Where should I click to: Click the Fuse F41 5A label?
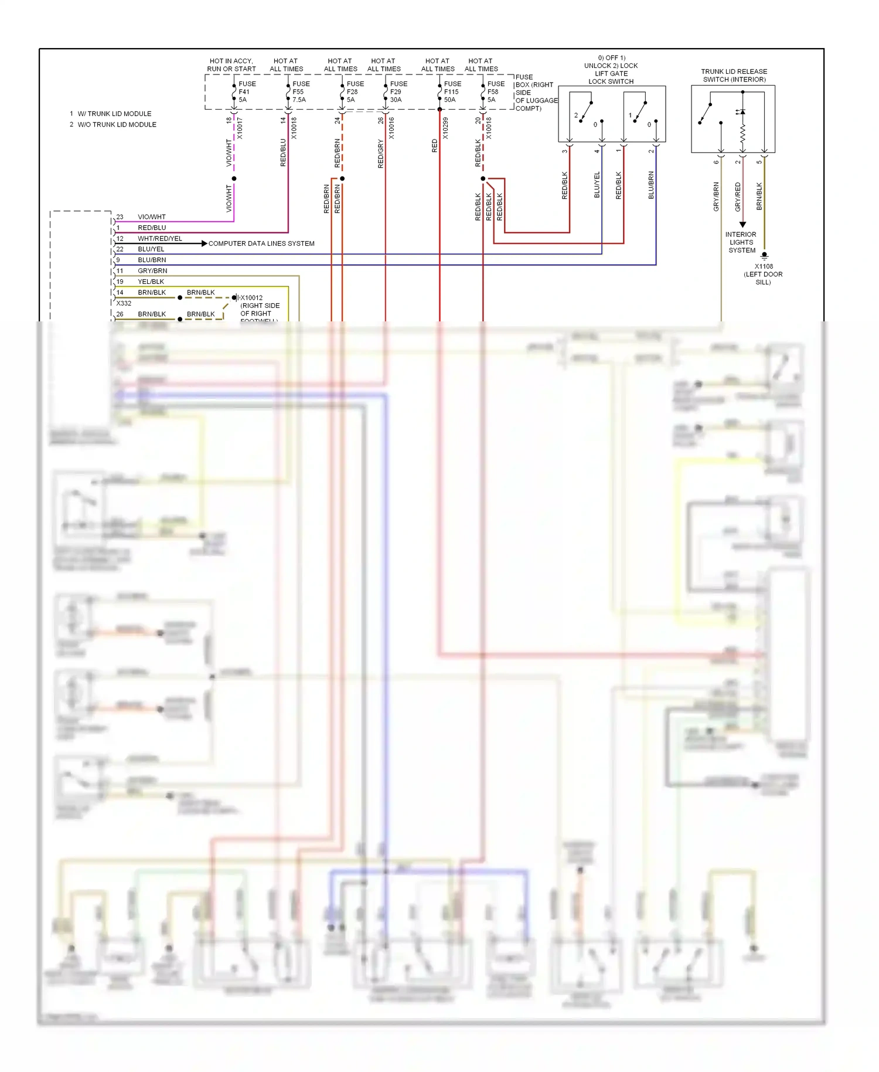point(247,92)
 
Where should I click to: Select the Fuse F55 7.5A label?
point(301,92)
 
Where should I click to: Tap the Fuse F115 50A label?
point(452,92)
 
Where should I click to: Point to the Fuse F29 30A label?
point(398,92)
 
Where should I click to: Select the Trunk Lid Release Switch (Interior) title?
point(734,76)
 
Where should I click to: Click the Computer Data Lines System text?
point(261,243)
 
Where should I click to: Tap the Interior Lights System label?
point(741,242)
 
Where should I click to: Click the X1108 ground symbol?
point(764,255)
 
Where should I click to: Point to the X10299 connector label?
point(445,128)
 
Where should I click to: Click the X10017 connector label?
point(240,128)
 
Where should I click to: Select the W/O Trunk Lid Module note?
point(117,125)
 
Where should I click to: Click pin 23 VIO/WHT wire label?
point(151,217)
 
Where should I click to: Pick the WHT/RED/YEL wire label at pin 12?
point(159,239)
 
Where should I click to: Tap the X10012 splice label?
point(251,298)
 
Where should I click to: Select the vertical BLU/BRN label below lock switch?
point(651,185)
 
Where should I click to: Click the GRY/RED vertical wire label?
point(738,197)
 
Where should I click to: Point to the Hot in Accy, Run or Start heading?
point(231,65)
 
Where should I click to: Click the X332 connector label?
point(124,303)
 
